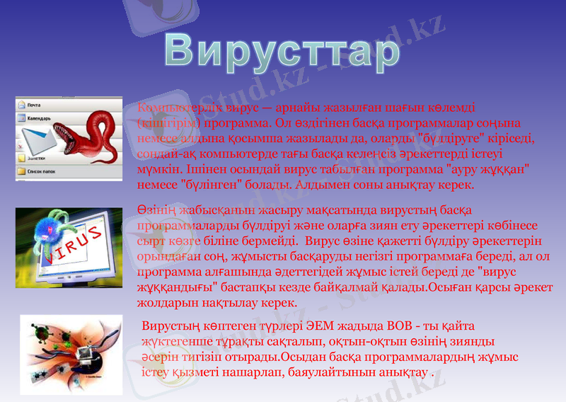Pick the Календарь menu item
(40, 118)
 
